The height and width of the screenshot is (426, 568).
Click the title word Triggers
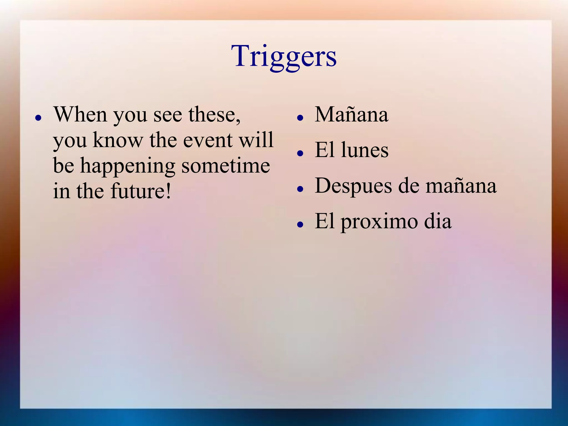(284, 57)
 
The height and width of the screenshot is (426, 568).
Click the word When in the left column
(80, 114)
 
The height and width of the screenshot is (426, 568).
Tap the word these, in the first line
(215, 114)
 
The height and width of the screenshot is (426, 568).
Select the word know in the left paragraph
(118, 140)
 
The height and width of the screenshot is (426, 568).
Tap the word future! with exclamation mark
(141, 191)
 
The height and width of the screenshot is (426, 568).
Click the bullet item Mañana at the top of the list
(351, 114)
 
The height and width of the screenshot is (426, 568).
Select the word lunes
(365, 150)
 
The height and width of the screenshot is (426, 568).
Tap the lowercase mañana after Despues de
(461, 186)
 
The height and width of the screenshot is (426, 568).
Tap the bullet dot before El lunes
(300, 153)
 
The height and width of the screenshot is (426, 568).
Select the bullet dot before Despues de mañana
(300, 189)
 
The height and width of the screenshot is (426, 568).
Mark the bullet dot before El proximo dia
(300, 225)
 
